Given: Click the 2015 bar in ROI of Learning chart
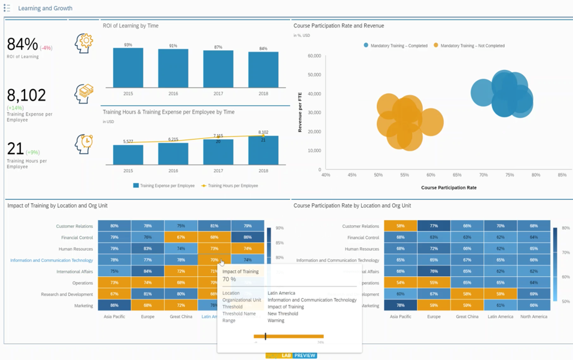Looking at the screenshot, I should [128, 68].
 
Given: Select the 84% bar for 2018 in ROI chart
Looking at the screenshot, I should [263, 69].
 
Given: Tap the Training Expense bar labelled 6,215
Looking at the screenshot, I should [173, 154].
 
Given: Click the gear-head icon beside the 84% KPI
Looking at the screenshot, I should [84, 43].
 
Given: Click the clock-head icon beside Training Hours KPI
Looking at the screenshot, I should [84, 144].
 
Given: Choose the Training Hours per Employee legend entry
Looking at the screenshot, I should [230, 186].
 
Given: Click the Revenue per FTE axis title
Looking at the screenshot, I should [300, 112].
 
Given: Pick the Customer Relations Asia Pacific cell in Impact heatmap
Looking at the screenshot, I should [114, 226].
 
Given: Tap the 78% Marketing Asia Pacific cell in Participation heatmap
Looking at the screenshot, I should [400, 306].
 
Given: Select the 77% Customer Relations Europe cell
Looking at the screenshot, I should [434, 226].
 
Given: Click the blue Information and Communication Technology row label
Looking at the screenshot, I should [51, 260].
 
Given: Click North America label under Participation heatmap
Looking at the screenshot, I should [534, 316].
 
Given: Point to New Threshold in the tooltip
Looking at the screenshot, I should [283, 313].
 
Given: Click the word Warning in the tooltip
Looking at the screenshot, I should [276, 321].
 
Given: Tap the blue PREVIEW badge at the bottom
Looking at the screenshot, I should [304, 356].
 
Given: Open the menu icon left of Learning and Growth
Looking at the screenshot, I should [7, 8].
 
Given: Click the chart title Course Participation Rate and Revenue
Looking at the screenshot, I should [339, 26].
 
